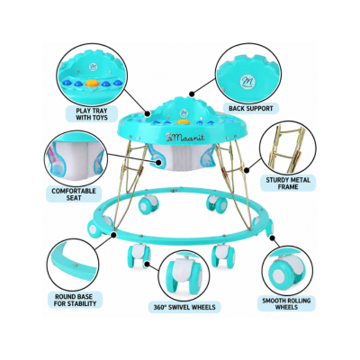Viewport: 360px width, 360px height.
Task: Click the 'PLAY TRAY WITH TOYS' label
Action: pos(92,113)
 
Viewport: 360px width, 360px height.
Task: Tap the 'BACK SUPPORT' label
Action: pos(251,108)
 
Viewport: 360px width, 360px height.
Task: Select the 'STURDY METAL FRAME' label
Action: pos(288,184)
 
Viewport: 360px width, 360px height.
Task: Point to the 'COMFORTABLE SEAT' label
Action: pos(74,194)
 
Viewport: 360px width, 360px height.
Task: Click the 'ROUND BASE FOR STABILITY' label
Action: pos(76,300)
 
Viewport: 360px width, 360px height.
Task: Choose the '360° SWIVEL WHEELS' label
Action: pos(184,307)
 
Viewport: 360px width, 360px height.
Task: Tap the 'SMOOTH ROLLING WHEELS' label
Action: pos(286,303)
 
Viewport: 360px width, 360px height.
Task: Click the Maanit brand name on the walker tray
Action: pos(186,138)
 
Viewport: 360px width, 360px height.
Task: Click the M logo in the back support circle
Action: pos(247,81)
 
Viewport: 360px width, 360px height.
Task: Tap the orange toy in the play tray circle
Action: pos(92,83)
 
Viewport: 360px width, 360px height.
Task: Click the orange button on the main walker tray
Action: pos(181,121)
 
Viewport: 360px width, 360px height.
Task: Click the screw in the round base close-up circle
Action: pos(76,265)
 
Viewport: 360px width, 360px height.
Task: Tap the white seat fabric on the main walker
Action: pos(182,159)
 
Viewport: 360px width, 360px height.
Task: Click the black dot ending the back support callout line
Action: pos(190,94)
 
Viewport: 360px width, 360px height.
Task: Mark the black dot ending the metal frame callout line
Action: pos(247,170)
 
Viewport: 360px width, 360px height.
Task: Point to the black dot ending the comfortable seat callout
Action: pos(158,162)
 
